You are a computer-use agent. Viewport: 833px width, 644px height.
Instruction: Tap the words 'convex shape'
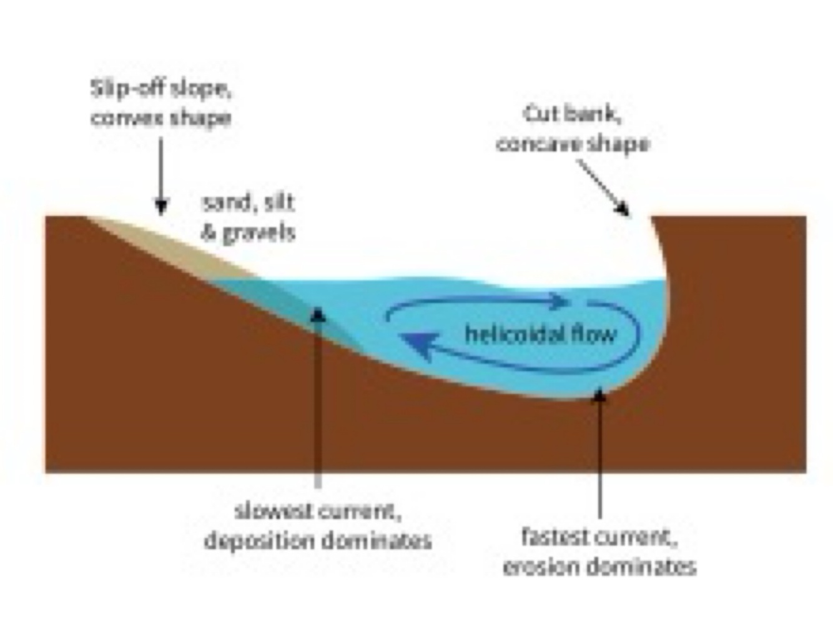coord(161,118)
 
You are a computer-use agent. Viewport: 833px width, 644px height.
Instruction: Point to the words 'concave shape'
coord(573,144)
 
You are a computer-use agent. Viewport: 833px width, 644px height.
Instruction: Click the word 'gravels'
coord(259,233)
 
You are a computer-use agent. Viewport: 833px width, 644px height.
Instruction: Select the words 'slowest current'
coord(317,511)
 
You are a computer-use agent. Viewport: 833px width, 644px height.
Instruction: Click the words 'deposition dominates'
coord(318,540)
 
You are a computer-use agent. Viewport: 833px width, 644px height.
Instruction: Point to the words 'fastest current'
coord(599,537)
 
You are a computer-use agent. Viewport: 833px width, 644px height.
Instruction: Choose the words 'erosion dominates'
coord(599,567)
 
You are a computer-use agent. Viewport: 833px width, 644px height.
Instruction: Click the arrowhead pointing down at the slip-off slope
coord(161,207)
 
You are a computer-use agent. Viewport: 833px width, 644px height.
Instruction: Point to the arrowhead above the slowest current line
coord(318,313)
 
